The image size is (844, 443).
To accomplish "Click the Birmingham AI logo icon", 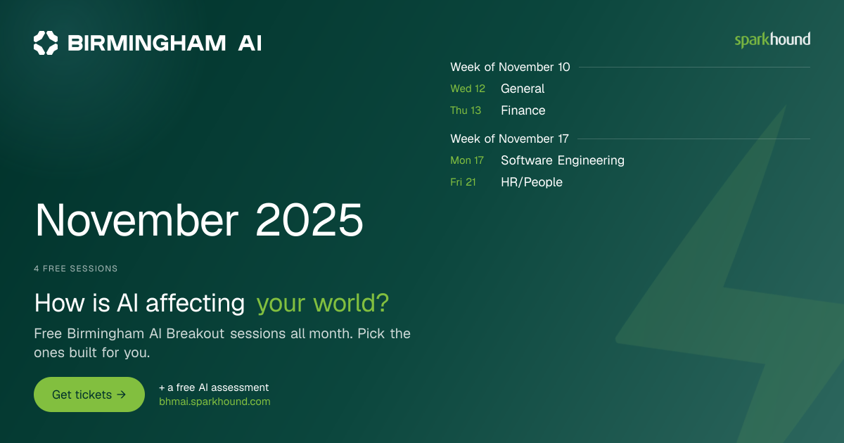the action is (46, 43).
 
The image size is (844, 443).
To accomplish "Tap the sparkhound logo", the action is (772, 40).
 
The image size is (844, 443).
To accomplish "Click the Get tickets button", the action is (89, 394).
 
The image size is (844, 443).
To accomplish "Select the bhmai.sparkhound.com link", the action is (215, 402).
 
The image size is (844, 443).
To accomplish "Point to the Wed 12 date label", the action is (468, 89).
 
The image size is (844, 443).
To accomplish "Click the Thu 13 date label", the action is (466, 110).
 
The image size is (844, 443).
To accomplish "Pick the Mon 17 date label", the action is (467, 160).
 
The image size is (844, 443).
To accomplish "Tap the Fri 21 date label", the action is (463, 182).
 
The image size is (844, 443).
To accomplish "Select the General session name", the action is (523, 89).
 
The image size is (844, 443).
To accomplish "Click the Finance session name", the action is (523, 110).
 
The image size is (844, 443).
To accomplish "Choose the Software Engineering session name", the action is (563, 160).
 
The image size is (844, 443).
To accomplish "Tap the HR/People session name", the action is (532, 182).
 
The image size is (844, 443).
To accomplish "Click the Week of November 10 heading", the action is (510, 67).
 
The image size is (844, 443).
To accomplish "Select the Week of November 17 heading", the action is (509, 139).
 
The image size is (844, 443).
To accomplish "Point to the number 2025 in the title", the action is (309, 220).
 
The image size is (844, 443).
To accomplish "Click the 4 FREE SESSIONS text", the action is (76, 269).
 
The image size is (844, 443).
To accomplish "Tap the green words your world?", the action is (323, 304).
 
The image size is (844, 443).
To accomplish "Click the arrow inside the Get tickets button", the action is (121, 394).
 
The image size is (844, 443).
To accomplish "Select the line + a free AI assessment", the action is (214, 387).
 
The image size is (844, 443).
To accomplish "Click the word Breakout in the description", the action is (196, 334).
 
